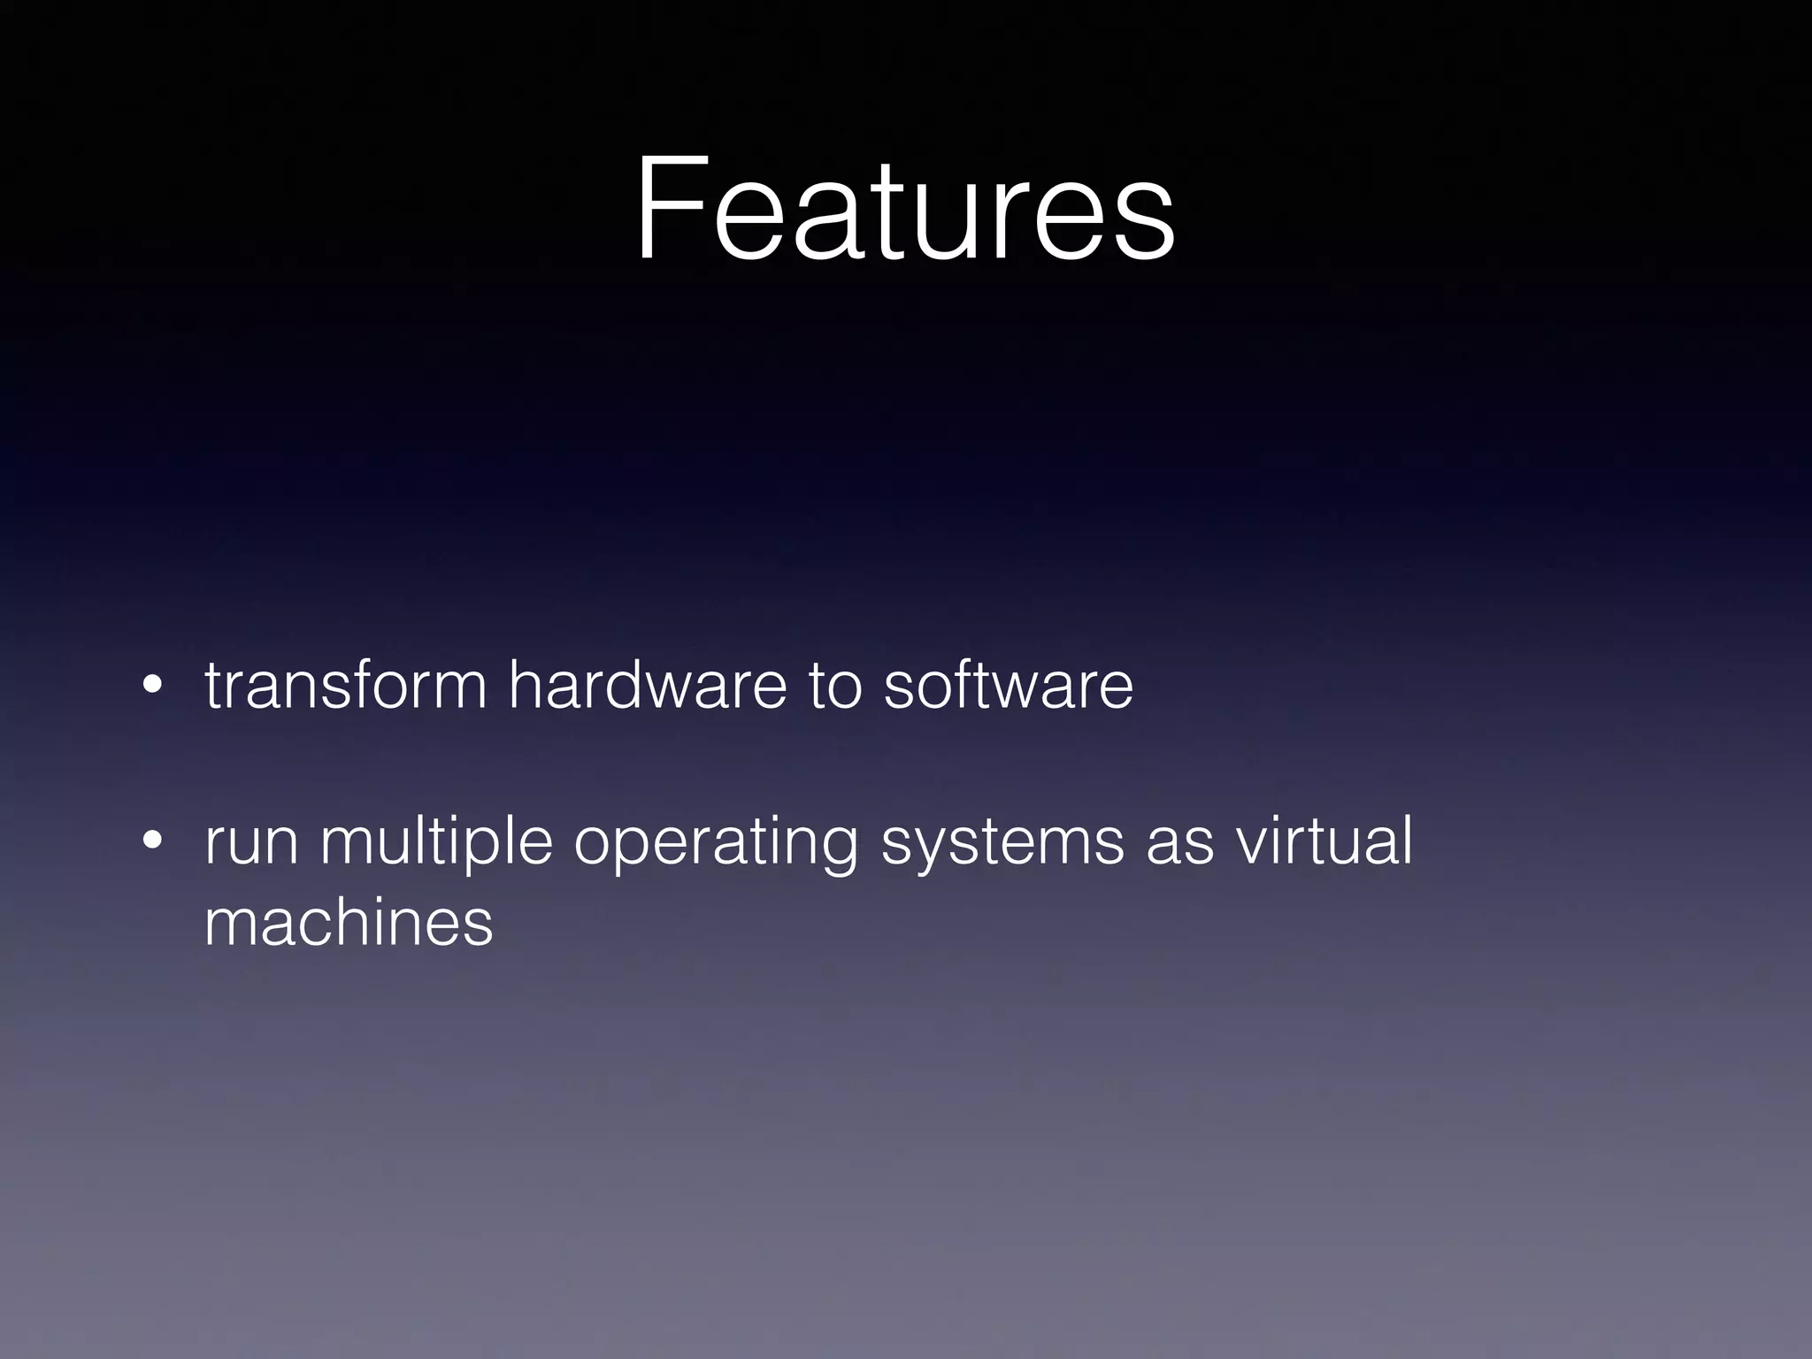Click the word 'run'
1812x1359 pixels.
(250, 842)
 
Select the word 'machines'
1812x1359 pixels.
(348, 923)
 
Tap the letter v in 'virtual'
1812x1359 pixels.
(1251, 845)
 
